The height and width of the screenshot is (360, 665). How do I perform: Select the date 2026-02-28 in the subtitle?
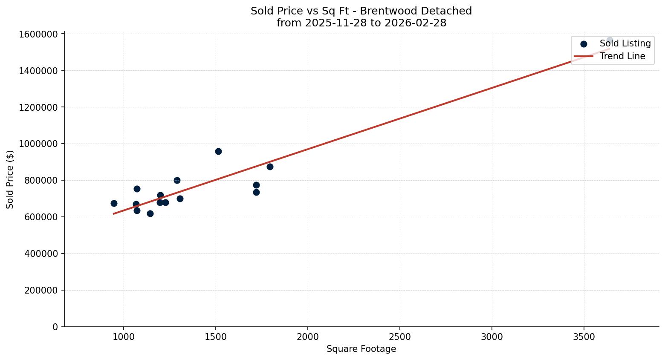(415, 23)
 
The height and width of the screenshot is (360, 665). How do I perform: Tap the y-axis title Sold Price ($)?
(10, 179)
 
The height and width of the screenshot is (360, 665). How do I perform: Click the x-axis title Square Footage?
(361, 349)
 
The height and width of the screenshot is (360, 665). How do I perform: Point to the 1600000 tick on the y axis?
(38, 34)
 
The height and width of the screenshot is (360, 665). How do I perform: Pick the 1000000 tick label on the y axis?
(38, 144)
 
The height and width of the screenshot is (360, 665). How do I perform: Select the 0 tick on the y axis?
(55, 327)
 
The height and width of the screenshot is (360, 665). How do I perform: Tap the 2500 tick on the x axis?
(399, 337)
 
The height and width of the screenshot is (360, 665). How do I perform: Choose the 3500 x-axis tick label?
(584, 337)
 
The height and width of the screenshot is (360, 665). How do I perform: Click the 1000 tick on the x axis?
(124, 337)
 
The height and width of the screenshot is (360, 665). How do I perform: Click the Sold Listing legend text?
(625, 43)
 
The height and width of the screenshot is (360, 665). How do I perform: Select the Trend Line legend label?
(622, 56)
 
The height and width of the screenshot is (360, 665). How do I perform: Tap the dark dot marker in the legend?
(584, 44)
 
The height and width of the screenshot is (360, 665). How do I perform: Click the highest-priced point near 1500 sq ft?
(218, 151)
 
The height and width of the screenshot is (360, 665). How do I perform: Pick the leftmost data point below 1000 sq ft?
(114, 203)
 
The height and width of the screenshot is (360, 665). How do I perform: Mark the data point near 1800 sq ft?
(270, 167)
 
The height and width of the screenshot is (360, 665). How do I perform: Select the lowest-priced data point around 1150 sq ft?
(150, 213)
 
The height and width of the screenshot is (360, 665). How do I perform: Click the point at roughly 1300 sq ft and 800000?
(177, 180)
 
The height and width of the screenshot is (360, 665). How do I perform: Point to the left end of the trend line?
(114, 213)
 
